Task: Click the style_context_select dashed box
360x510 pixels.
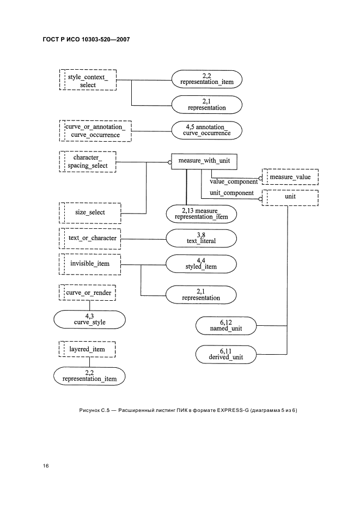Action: pos(88,81)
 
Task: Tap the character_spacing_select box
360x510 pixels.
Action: pos(88,161)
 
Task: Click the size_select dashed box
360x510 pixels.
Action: pos(88,212)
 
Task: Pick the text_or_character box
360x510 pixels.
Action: pos(88,238)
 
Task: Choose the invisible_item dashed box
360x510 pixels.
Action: pos(88,264)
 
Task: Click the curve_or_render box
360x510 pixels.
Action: pos(88,293)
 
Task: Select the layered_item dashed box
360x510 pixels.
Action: pos(88,349)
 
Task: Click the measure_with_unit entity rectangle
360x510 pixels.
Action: pos(204,161)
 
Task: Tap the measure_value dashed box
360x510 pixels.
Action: pos(290,177)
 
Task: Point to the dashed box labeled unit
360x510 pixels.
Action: pos(290,197)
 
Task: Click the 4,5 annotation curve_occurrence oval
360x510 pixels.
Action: pos(206,130)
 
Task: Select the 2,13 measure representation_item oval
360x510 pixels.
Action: pos(202,214)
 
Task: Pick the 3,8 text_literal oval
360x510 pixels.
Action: pos(201,238)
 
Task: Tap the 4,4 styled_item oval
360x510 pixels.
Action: pos(201,264)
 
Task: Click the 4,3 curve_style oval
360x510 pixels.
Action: pos(89,319)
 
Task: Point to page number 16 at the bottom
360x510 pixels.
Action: pos(46,466)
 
